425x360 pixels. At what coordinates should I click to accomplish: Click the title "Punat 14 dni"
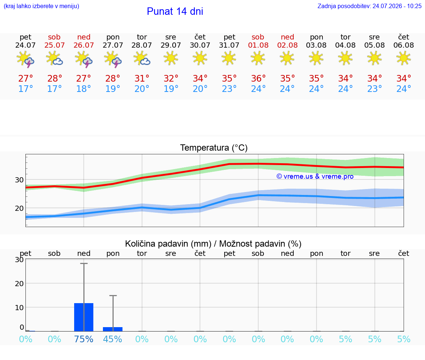coord(175,11)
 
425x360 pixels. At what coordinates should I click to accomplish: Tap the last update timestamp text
coord(369,6)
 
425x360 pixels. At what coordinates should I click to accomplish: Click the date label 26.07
coord(83,45)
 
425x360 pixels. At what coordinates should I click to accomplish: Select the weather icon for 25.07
coord(55,58)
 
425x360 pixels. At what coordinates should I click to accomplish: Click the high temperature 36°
coord(258,78)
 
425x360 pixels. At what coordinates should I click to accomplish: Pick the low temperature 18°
coord(83,89)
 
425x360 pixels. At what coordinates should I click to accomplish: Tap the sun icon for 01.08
coord(258,58)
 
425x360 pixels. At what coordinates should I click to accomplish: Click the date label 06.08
coord(404,45)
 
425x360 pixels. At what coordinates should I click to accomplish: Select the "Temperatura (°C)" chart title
coord(214,148)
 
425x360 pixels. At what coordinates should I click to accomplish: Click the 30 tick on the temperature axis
coord(19,179)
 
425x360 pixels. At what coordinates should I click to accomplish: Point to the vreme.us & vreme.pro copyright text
coord(315,176)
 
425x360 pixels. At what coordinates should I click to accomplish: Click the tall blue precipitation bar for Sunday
coord(84,317)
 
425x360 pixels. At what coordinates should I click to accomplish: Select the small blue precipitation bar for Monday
coord(113,329)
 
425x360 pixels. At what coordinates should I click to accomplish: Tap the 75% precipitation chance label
coord(83,339)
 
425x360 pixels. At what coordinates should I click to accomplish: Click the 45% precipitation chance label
coord(113,339)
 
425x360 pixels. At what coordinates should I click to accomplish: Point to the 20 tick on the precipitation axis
coord(19,284)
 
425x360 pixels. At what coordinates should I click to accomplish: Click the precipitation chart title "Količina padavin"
coord(168,244)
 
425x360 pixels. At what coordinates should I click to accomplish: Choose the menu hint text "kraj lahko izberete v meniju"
coord(41,6)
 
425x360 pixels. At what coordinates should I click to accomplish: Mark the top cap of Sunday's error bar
coord(84,263)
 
